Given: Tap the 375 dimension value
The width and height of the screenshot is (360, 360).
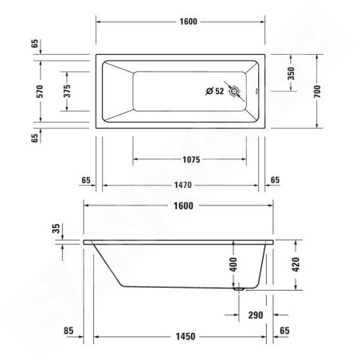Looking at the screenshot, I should tap(67, 91).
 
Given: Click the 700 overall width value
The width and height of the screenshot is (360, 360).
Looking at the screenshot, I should tap(318, 91).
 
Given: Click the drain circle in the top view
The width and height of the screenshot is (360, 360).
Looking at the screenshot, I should tap(234, 92).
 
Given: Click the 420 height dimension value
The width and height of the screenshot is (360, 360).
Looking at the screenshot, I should tap(295, 264).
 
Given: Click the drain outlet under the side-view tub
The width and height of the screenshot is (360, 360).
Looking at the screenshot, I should tap(237, 290).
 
